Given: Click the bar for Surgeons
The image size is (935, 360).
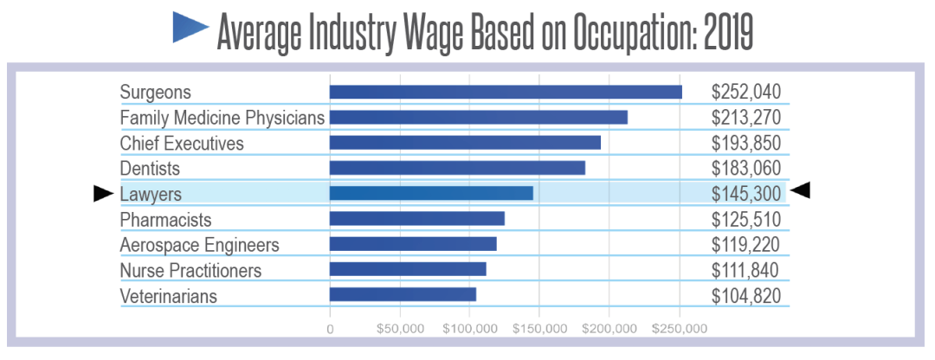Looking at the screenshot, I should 506,92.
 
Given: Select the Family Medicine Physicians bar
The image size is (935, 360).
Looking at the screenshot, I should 478,117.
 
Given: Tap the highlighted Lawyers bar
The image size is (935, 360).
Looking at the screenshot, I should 431,193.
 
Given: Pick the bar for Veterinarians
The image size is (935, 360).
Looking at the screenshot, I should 403,295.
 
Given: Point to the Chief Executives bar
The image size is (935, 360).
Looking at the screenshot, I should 465,142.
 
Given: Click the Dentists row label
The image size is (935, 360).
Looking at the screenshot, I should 150,168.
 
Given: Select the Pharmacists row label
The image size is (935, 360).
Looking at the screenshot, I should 165,219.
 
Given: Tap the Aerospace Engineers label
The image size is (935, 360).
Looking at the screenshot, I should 199,245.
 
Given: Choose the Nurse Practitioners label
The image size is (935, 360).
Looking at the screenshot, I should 190,270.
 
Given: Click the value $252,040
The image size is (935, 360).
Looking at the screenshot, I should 746,92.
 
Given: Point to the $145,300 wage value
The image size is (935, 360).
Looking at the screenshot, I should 746,193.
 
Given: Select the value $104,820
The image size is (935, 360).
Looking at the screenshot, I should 746,295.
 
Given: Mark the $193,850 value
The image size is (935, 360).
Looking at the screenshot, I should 746,142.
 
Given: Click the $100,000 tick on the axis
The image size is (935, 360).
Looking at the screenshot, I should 468,329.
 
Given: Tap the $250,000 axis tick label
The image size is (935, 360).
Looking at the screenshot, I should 680,329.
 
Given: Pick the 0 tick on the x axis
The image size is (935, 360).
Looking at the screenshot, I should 330,329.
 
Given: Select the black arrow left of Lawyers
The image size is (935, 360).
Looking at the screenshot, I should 103,194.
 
